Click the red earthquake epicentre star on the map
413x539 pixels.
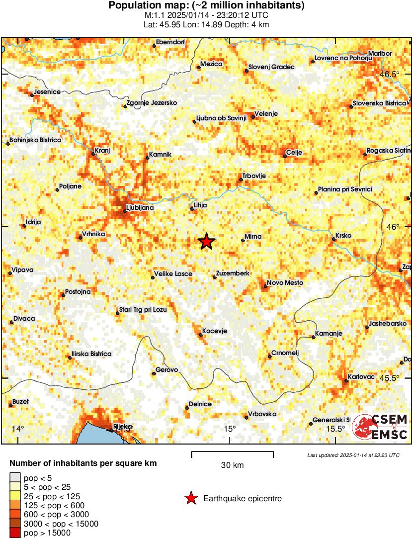pyautogui.click(x=206, y=242)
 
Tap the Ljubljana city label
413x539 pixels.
pyautogui.click(x=140, y=208)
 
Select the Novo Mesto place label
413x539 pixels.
pyautogui.click(x=285, y=283)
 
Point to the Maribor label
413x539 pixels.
pyautogui.click(x=380, y=54)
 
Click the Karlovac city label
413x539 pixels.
pyautogui.click(x=361, y=377)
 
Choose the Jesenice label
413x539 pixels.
pyautogui.click(x=46, y=92)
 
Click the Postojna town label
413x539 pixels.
pyautogui.click(x=78, y=292)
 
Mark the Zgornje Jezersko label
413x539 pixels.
pyautogui.click(x=152, y=103)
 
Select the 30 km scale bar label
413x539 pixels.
pyautogui.click(x=232, y=465)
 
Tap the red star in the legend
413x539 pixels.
pyautogui.click(x=190, y=498)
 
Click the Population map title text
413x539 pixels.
pyautogui.click(x=206, y=6)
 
